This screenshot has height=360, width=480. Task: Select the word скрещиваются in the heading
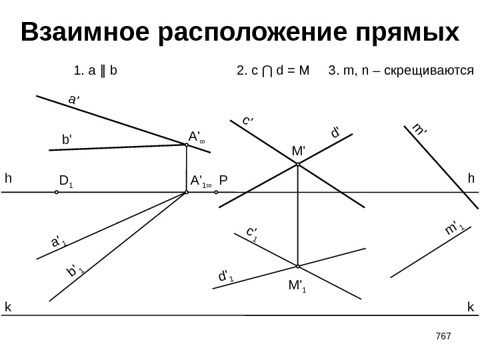point(433,69)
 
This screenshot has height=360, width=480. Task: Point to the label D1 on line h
point(65,181)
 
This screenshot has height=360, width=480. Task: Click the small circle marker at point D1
point(57,192)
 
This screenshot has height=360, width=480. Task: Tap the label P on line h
point(223,181)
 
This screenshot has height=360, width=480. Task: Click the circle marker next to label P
point(217,192)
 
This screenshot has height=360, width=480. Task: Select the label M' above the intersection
point(298,151)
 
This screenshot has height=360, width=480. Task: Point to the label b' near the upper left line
point(67,140)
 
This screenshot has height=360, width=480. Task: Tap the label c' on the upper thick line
point(247,121)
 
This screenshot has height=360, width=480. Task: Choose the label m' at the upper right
point(419,129)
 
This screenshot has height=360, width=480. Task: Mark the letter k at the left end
point(8,307)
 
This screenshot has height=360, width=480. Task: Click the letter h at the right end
point(471,179)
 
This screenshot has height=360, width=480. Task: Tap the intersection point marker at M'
point(297,167)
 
